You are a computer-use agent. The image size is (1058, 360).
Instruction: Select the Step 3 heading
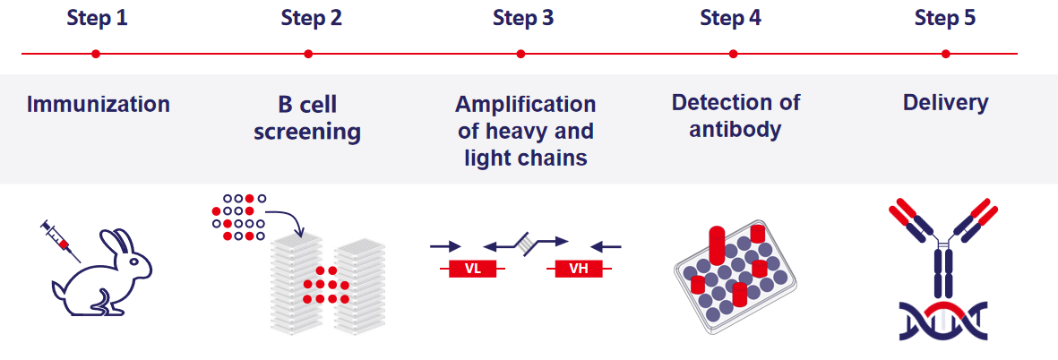pyautogui.click(x=522, y=18)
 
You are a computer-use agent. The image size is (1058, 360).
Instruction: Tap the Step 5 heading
pyautogui.click(x=945, y=18)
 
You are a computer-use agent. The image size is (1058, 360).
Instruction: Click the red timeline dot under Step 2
pyautogui.click(x=308, y=54)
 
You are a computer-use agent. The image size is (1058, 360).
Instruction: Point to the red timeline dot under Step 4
pyautogui.click(x=733, y=54)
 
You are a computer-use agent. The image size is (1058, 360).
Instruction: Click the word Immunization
pyautogui.click(x=99, y=105)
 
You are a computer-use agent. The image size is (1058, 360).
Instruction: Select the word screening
pyautogui.click(x=307, y=133)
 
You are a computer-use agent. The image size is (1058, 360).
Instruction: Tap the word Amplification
pyautogui.click(x=525, y=105)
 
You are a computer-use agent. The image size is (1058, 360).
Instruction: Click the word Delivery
pyautogui.click(x=945, y=103)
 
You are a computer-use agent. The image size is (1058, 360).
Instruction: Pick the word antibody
pyautogui.click(x=735, y=130)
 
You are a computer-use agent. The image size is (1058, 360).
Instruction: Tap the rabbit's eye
pyautogui.click(x=137, y=262)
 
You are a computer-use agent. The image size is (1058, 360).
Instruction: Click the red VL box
pyautogui.click(x=473, y=269)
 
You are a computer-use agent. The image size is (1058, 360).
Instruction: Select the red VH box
pyautogui.click(x=579, y=269)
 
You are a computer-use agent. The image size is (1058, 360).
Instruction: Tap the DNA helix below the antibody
pyautogui.click(x=943, y=321)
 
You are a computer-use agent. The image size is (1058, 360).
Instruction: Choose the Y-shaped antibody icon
pyautogui.click(x=943, y=246)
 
